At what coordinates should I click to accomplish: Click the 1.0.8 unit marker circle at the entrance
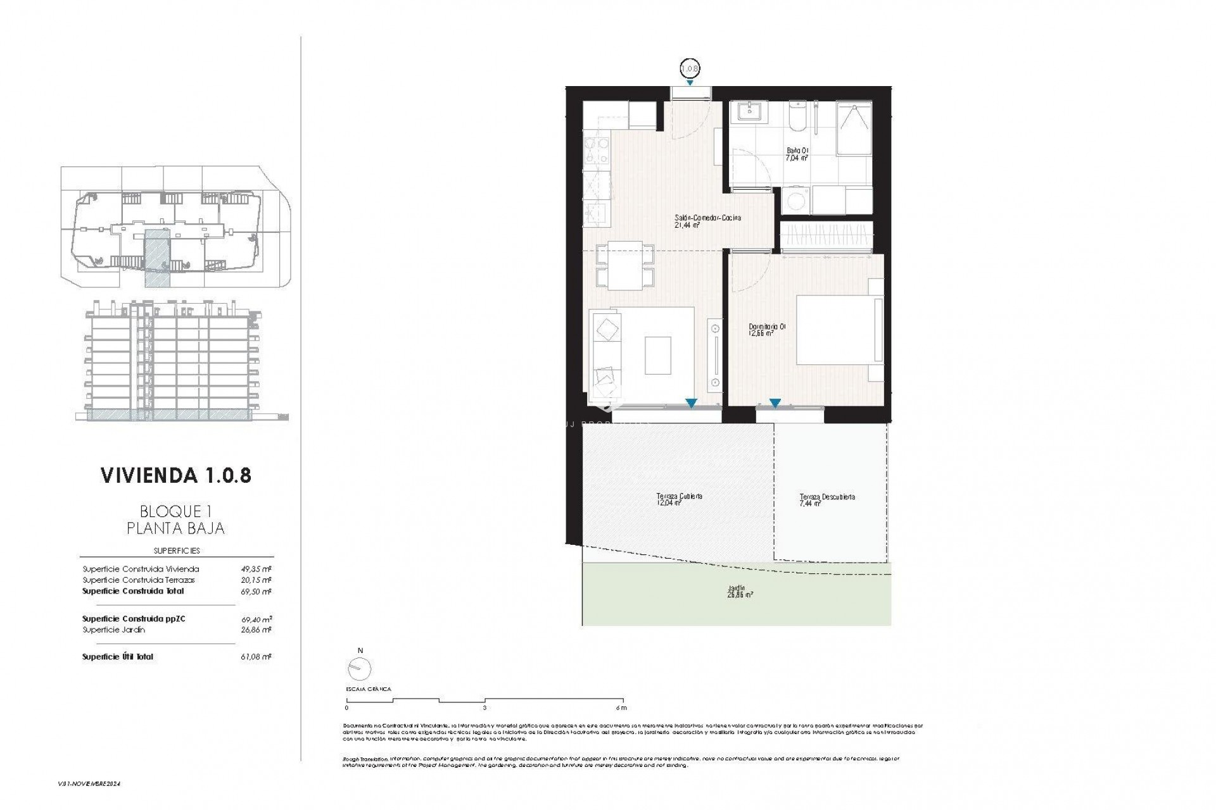[690, 68]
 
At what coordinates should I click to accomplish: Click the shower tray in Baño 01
[854, 128]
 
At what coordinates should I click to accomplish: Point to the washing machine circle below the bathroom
[792, 201]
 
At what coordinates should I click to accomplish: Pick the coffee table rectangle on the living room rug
[657, 355]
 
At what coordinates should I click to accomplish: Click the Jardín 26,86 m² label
[740, 591]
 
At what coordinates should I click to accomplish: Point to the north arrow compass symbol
[360, 668]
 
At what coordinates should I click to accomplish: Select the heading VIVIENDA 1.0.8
[176, 475]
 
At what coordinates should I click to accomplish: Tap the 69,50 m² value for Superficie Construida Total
[258, 592]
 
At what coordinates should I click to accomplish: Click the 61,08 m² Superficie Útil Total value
[258, 657]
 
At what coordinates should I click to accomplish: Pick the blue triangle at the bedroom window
[775, 402]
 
